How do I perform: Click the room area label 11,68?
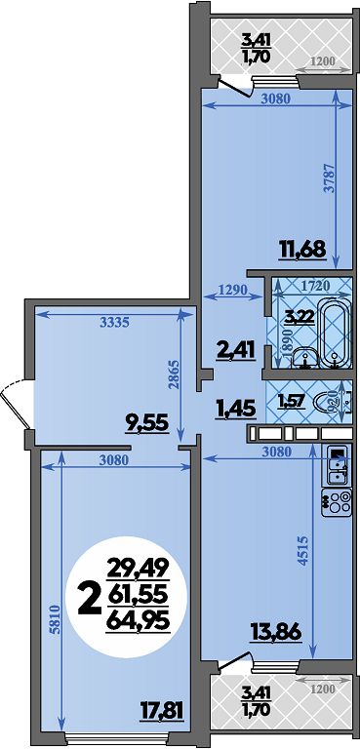click(302, 250)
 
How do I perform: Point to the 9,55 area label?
click(147, 422)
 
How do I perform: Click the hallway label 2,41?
click(235, 352)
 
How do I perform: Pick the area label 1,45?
click(236, 409)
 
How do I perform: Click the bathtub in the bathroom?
click(336, 332)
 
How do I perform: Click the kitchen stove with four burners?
click(337, 501)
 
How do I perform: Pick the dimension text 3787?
click(328, 178)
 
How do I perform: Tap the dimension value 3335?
click(115, 323)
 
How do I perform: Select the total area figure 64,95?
click(138, 621)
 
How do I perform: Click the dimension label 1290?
click(233, 289)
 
